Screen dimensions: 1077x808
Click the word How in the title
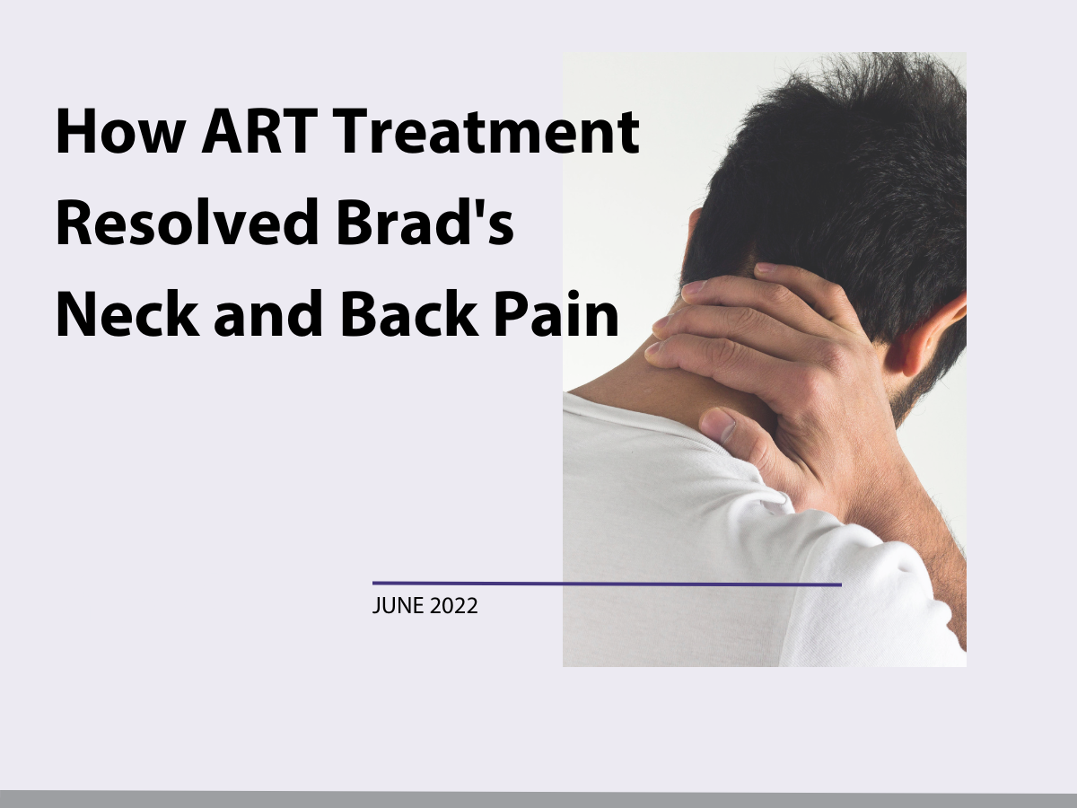(120, 131)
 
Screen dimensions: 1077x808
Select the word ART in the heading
(260, 131)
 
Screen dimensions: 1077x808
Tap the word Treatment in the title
(486, 131)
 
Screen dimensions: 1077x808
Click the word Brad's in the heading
(425, 222)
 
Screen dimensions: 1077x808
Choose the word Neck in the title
(128, 313)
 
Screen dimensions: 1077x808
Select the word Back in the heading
(409, 313)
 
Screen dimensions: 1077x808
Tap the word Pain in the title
(556, 313)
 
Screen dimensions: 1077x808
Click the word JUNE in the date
(398, 606)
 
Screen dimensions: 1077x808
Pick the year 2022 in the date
(454, 606)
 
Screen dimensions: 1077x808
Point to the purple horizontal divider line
(607, 584)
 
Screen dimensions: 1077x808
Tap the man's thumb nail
(720, 424)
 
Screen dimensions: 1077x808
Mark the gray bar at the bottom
(538, 799)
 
